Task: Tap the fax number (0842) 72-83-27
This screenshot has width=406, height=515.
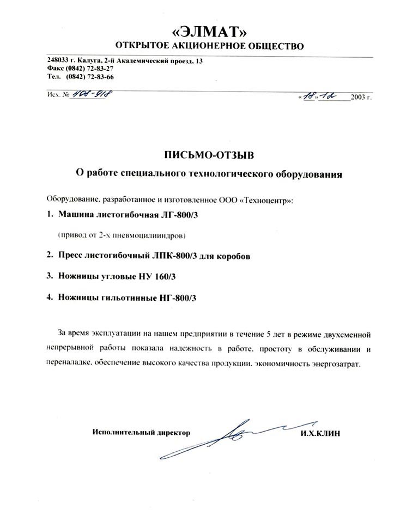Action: click(x=89, y=69)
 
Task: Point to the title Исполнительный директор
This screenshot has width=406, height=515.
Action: click(x=142, y=433)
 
